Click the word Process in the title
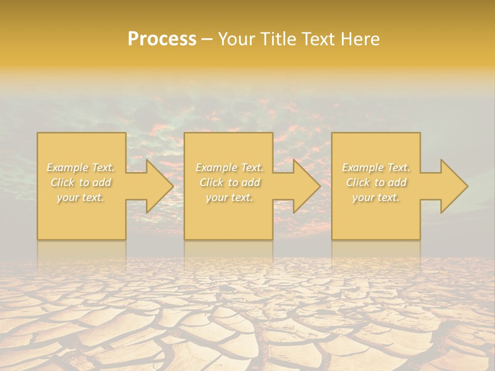tap(162, 39)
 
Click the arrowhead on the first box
tap(157, 186)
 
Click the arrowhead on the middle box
tap(304, 186)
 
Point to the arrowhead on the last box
tap(452, 186)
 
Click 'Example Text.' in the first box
tap(81, 167)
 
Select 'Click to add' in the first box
tap(81, 182)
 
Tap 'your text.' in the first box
tap(81, 197)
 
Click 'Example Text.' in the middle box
tap(229, 167)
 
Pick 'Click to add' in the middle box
tap(229, 182)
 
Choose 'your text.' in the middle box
tap(229, 197)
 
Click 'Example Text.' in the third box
tap(376, 167)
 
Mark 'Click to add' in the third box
tap(376, 182)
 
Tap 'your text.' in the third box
tap(376, 197)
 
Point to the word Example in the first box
tap(68, 167)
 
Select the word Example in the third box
tap(362, 167)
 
